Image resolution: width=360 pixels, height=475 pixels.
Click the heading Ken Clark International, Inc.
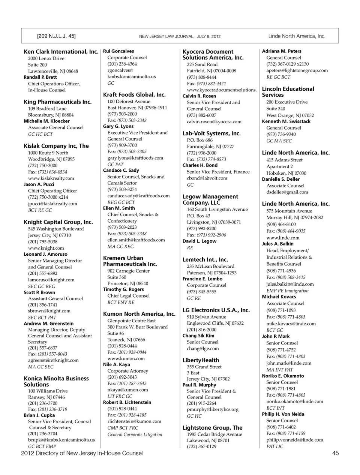(61, 52)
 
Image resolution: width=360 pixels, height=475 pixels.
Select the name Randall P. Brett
(40, 77)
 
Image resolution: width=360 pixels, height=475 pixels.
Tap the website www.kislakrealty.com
(51, 178)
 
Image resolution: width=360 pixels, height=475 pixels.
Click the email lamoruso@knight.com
(51, 280)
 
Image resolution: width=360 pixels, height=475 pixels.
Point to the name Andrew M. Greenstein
(48, 324)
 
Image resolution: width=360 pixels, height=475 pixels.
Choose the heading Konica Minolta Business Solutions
(56, 382)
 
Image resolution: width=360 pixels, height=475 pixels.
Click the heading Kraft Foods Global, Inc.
(134, 95)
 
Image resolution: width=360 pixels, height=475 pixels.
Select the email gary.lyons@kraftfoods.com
(135, 158)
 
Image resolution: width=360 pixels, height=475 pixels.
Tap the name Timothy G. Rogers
(123, 289)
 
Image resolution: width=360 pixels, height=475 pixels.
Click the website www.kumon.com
(126, 358)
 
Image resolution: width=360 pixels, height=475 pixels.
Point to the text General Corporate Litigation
(135, 435)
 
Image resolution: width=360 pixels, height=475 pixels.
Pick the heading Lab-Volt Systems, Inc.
(211, 133)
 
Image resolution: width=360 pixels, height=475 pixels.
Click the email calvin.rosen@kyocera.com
(214, 121)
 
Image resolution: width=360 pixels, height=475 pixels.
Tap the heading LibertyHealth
(201, 360)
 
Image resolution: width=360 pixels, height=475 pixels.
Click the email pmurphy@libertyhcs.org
(213, 409)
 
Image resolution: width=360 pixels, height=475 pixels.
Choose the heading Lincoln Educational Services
(288, 92)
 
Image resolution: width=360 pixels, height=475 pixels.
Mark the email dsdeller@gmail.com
(287, 192)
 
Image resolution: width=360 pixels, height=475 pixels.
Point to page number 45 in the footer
(335, 453)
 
